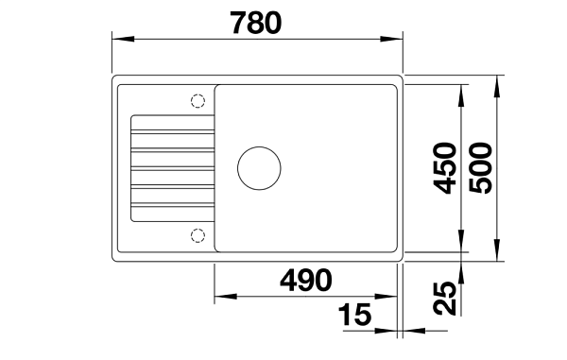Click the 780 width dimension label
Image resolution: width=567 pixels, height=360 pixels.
[x=256, y=23]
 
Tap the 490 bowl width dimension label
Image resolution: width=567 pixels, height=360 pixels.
[x=306, y=280]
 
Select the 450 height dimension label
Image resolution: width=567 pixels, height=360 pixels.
[x=444, y=168]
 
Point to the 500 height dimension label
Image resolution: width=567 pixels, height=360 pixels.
[x=480, y=168]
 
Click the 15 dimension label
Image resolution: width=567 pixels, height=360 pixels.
[x=354, y=314]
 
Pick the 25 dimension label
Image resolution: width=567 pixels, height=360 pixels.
[x=444, y=298]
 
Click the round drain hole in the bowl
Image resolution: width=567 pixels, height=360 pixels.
[x=259, y=168]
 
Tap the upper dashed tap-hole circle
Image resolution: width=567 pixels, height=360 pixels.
[x=198, y=101]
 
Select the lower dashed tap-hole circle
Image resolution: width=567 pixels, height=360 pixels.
[x=198, y=235]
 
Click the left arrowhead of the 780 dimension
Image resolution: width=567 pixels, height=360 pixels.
[x=123, y=39]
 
